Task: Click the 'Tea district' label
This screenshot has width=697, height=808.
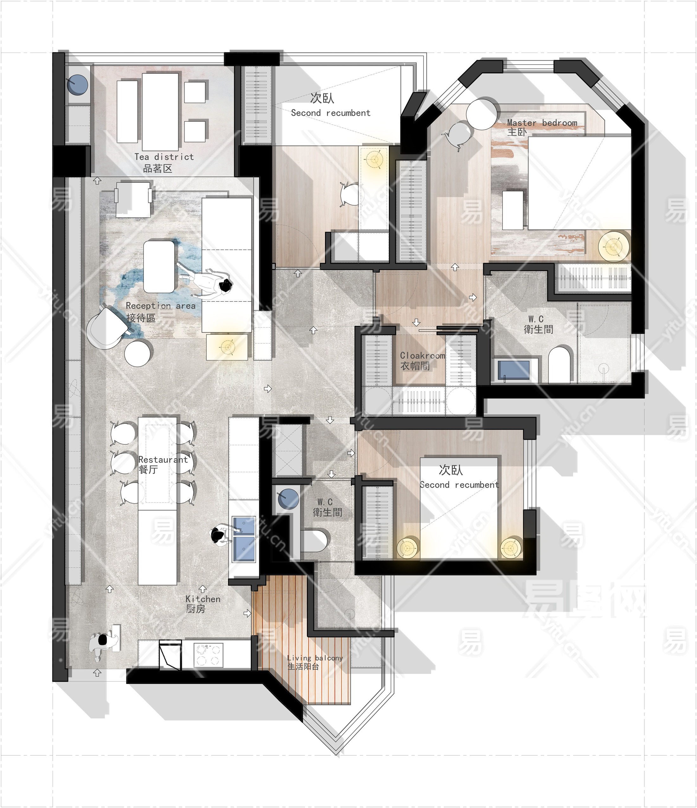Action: coord(164,157)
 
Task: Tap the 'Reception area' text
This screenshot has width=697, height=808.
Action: coord(160,306)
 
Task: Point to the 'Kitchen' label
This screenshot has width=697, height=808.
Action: coord(203,599)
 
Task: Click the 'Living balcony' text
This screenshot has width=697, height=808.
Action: coord(315,658)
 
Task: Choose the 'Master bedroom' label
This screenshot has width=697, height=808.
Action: coord(542,123)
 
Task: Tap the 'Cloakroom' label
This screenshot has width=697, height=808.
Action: coord(422,355)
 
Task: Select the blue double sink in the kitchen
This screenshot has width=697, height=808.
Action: coord(244,539)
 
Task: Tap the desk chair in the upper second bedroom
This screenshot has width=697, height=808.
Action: coord(351,194)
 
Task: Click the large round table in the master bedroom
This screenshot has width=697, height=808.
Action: coord(483,113)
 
